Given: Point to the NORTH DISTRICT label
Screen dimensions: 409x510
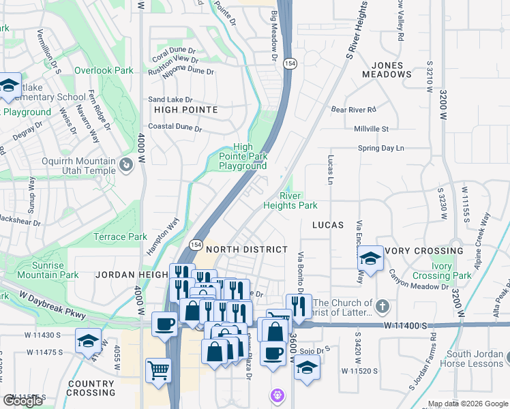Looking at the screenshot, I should (x=246, y=249).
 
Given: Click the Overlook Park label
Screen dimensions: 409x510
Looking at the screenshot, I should (x=104, y=70).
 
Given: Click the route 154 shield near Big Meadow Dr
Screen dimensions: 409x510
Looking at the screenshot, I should (x=290, y=63).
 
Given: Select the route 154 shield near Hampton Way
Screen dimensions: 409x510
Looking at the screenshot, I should (x=196, y=244).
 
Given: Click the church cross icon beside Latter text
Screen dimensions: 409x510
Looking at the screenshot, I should (x=384, y=307).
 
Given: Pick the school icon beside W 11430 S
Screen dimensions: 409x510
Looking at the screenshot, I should (x=88, y=341).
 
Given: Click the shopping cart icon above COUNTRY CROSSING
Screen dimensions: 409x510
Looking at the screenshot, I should (x=158, y=372).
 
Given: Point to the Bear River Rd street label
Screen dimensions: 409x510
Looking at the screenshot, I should (x=353, y=109).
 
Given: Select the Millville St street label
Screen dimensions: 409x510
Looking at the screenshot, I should (x=371, y=129).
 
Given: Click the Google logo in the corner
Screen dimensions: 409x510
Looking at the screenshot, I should (x=23, y=401).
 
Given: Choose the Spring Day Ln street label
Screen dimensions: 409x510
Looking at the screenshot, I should (x=381, y=148).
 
